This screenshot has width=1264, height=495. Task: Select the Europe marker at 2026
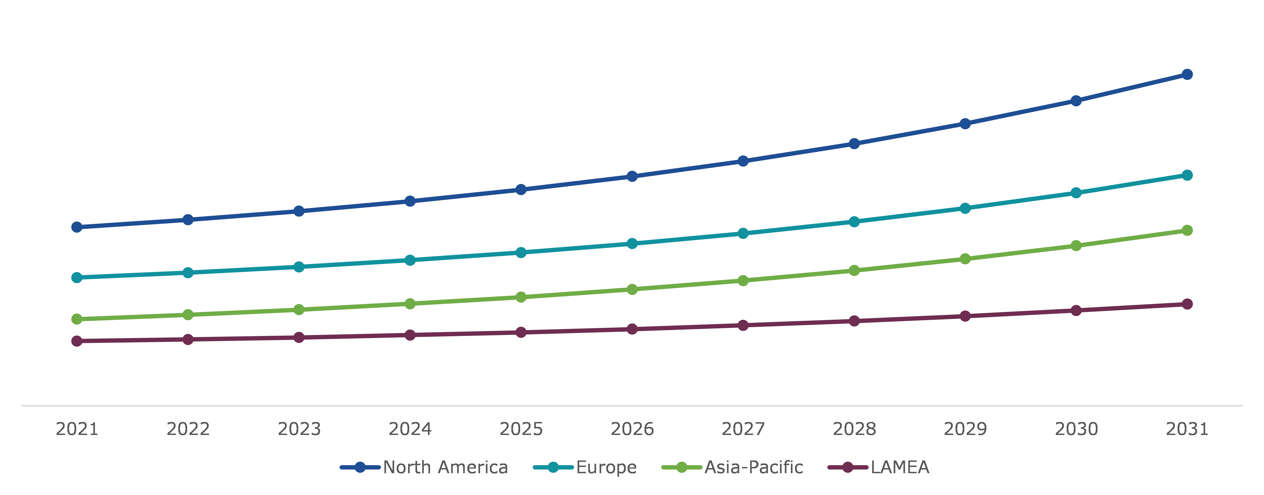tap(632, 244)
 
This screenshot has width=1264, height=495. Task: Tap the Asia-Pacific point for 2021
tap(77, 319)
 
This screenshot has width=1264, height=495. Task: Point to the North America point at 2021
tap(77, 227)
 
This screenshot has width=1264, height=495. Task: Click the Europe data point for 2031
tap(1187, 175)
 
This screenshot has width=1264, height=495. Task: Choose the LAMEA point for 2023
tap(299, 337)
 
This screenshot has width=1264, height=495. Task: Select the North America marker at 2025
tap(521, 190)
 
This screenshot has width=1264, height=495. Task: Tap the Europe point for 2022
tap(188, 273)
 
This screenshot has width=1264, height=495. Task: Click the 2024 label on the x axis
tap(410, 429)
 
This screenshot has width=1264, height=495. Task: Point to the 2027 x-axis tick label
tap(743, 429)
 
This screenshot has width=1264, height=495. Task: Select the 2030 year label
tap(1076, 429)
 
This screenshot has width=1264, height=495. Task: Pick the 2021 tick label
tap(77, 429)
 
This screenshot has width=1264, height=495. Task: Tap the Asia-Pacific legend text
tap(754, 467)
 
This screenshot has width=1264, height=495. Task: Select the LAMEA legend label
tap(900, 467)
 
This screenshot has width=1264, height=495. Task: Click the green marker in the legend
tap(682, 467)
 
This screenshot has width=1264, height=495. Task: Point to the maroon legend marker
tap(847, 467)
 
